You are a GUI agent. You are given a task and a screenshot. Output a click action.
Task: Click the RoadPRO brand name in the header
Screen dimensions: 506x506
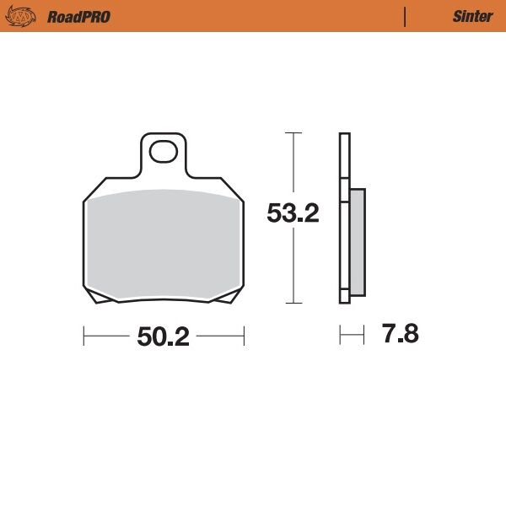tap(78, 17)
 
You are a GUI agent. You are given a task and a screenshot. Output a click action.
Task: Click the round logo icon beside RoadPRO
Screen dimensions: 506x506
tap(24, 17)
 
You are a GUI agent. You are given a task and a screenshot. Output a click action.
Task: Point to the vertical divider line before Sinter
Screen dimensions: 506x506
tap(406, 17)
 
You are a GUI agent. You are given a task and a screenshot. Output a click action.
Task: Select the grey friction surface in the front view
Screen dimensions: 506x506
tap(163, 245)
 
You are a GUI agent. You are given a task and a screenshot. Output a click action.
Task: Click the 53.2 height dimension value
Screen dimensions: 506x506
tap(293, 214)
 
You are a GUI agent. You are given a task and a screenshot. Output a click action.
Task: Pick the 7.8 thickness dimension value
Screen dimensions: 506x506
tap(400, 335)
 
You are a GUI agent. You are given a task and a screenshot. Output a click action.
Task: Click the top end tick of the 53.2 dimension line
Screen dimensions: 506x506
tap(293, 133)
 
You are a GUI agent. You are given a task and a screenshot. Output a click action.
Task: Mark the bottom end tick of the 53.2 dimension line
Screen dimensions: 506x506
tap(293, 303)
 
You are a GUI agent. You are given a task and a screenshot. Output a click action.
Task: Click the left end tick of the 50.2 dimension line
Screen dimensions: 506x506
tap(83, 337)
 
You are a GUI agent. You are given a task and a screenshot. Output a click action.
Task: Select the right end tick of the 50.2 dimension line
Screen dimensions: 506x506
tap(244, 337)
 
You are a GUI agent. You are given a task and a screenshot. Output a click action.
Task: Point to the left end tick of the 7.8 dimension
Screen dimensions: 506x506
tap(340, 336)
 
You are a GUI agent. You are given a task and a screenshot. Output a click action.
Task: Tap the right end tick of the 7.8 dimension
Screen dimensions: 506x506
tap(364, 336)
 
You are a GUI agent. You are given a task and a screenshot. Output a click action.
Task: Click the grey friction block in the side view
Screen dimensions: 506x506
tap(357, 242)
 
